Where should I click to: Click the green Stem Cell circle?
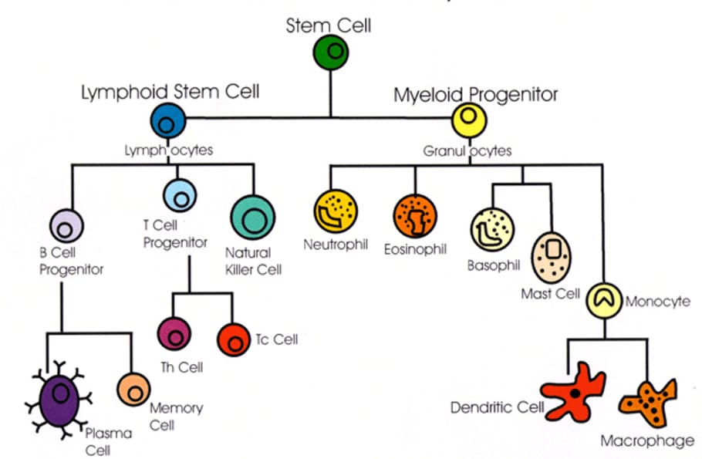click(x=332, y=52)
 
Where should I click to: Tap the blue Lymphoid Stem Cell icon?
click(x=168, y=120)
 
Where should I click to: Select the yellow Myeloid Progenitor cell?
click(x=467, y=120)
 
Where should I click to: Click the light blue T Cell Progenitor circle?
click(x=181, y=194)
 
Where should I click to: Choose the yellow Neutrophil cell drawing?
click(x=336, y=211)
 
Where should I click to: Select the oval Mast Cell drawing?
click(x=553, y=258)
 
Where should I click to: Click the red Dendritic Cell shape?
click(x=573, y=389)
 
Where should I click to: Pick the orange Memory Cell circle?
click(x=134, y=389)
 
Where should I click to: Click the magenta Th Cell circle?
click(x=174, y=333)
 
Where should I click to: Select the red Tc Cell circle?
click(x=233, y=339)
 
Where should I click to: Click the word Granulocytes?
click(x=467, y=151)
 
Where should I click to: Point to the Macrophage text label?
click(x=647, y=441)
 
